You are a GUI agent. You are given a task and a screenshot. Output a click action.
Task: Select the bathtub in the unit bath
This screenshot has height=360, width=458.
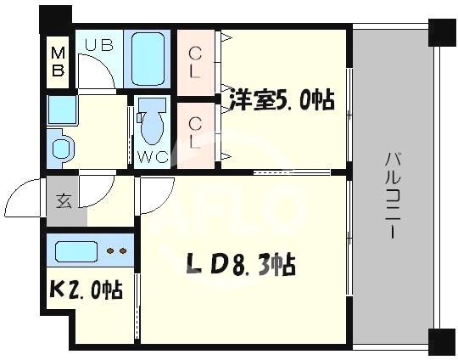point(149,59)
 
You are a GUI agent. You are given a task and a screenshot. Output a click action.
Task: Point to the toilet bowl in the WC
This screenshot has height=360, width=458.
point(153,123)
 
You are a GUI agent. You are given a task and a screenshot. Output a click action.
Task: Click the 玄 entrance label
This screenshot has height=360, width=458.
point(64,202)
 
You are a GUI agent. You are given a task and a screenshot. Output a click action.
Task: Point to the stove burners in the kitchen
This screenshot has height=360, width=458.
point(118,251)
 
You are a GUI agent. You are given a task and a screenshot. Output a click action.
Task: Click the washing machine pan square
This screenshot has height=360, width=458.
point(61,110)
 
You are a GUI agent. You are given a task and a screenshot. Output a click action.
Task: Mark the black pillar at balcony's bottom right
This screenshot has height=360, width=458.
point(443,342)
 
